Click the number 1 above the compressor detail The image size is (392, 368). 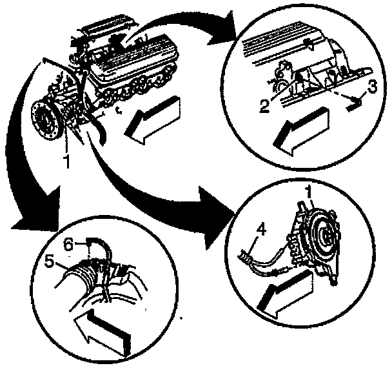(x=309, y=195)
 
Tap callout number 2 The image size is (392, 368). (x=264, y=106)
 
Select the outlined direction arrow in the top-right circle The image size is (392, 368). (x=300, y=132)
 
